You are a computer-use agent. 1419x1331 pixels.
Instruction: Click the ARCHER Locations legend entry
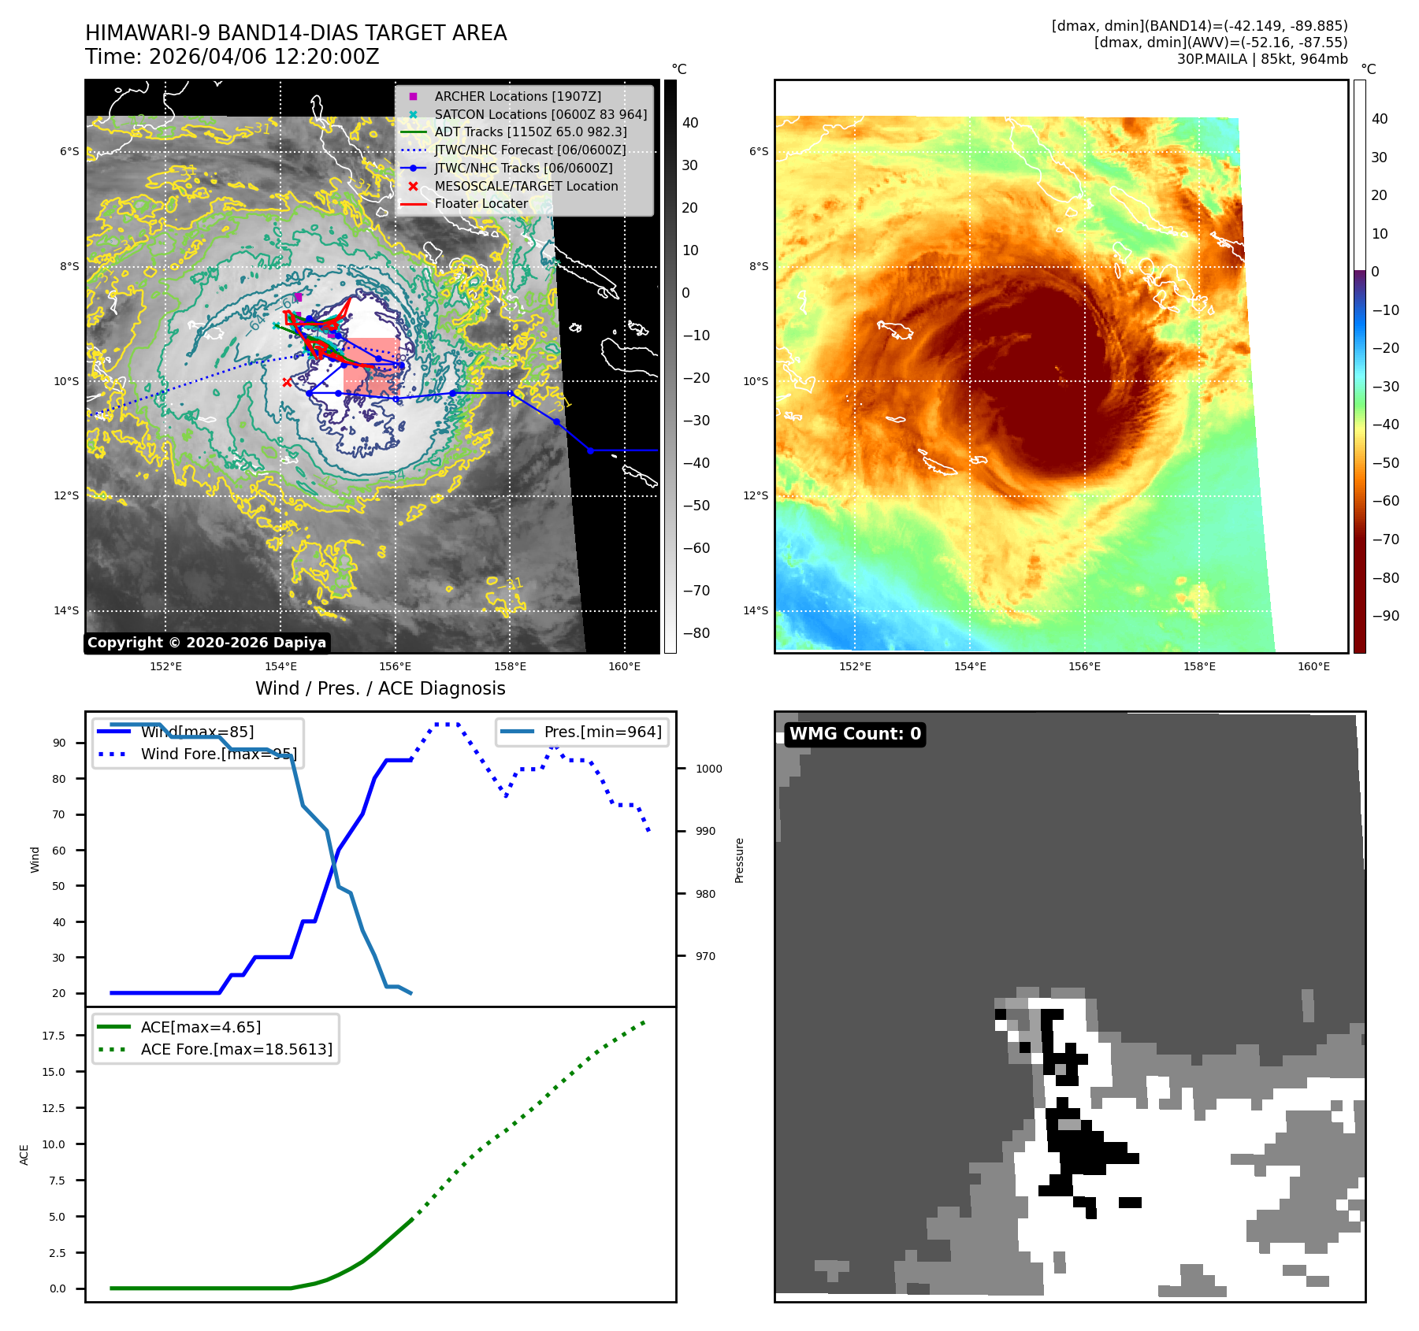[x=517, y=96]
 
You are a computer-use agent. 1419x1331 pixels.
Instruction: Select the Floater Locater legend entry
[x=481, y=203]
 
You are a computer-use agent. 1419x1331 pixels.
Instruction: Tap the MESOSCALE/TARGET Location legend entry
[x=526, y=186]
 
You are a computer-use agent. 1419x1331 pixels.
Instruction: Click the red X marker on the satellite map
[x=287, y=382]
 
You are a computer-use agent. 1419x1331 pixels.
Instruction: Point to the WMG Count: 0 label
[x=855, y=734]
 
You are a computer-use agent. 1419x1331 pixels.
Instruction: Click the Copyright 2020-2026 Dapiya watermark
[x=206, y=643]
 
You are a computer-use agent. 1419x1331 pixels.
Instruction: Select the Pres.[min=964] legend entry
[x=602, y=732]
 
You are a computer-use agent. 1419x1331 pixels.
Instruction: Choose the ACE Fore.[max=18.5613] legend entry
[x=236, y=1049]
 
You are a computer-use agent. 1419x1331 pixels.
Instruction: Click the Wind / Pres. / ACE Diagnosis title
[x=380, y=688]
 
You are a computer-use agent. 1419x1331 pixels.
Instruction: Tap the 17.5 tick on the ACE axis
[x=54, y=1036]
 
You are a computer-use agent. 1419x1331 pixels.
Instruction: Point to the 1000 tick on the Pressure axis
[x=708, y=769]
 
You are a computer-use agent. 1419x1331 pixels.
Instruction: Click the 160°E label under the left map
[x=624, y=667]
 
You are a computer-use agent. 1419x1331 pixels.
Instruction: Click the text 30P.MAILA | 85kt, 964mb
[x=1261, y=59]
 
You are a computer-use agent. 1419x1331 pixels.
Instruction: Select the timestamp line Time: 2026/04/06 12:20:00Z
[x=232, y=57]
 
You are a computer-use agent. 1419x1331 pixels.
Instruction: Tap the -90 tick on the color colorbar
[x=1385, y=616]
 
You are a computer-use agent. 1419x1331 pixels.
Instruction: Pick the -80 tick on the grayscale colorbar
[x=696, y=633]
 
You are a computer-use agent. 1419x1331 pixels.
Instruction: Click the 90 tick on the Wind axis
[x=59, y=743]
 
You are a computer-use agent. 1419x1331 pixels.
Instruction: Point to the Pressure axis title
[x=739, y=860]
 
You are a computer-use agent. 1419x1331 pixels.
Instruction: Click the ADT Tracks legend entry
[x=530, y=132]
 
